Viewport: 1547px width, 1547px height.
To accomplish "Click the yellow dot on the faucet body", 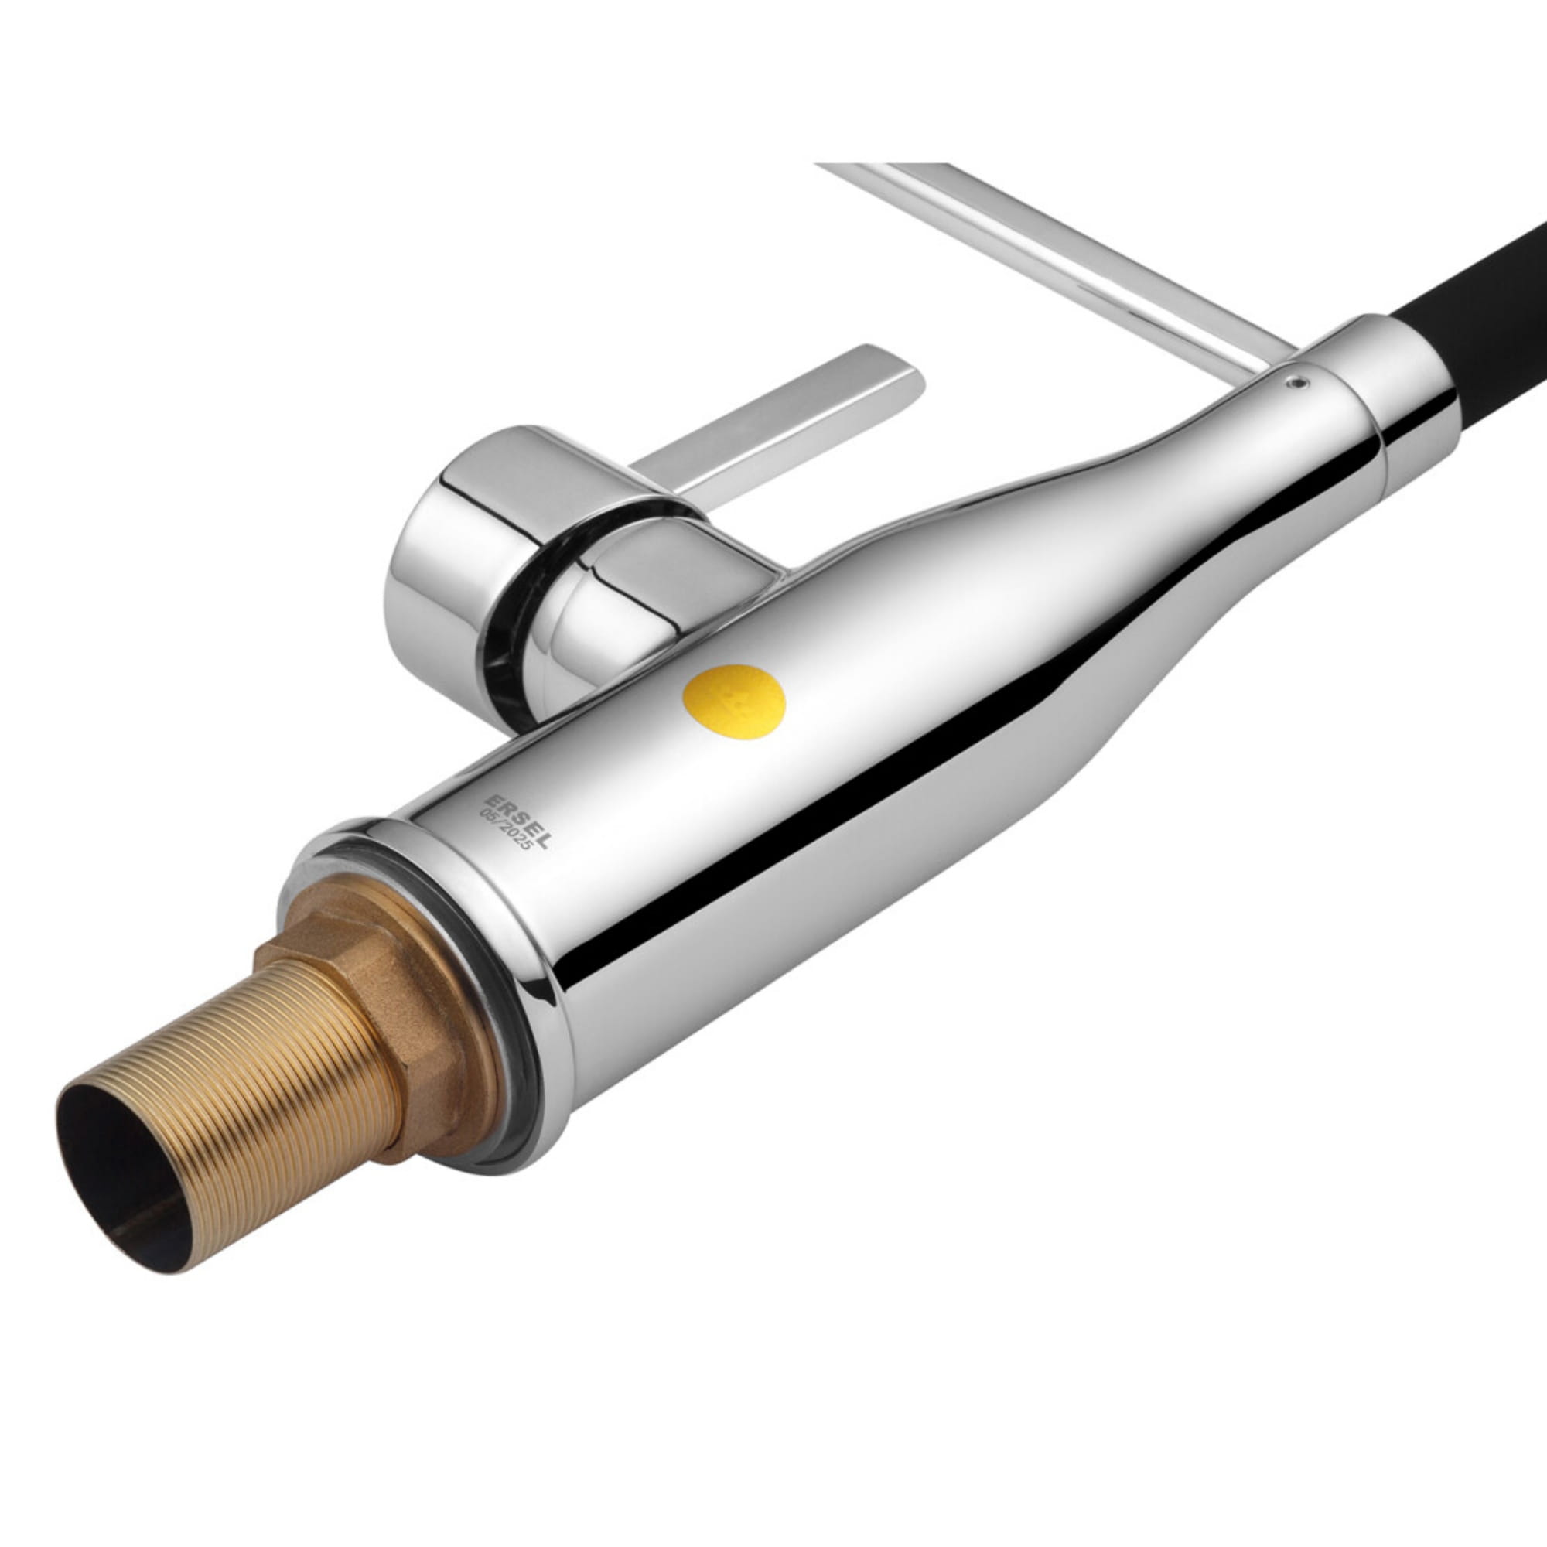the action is pyautogui.click(x=733, y=702).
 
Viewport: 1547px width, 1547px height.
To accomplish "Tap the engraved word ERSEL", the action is pyautogui.click(x=518, y=821).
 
